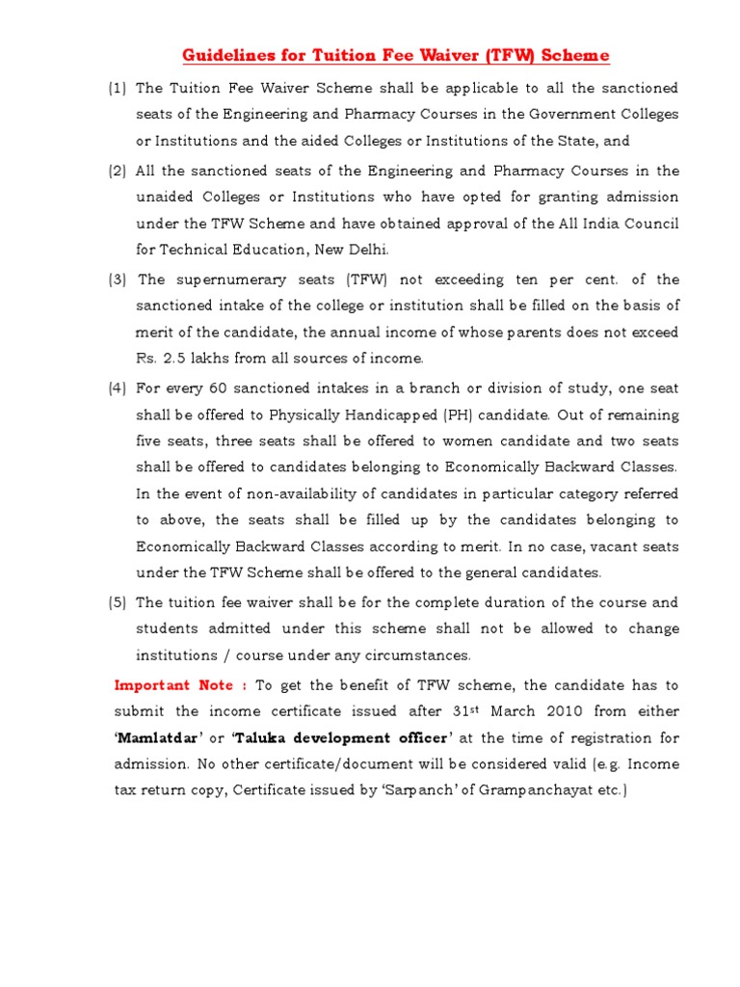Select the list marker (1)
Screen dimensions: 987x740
[x=117, y=89]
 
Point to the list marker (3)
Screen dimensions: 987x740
[x=117, y=280]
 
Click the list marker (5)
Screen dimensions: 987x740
[x=117, y=603]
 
